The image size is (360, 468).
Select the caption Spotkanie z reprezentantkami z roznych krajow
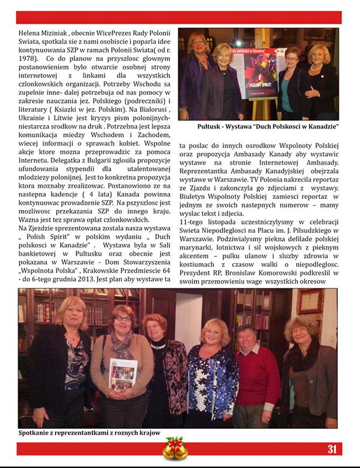coord(89,433)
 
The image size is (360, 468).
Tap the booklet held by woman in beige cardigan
coord(123,373)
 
